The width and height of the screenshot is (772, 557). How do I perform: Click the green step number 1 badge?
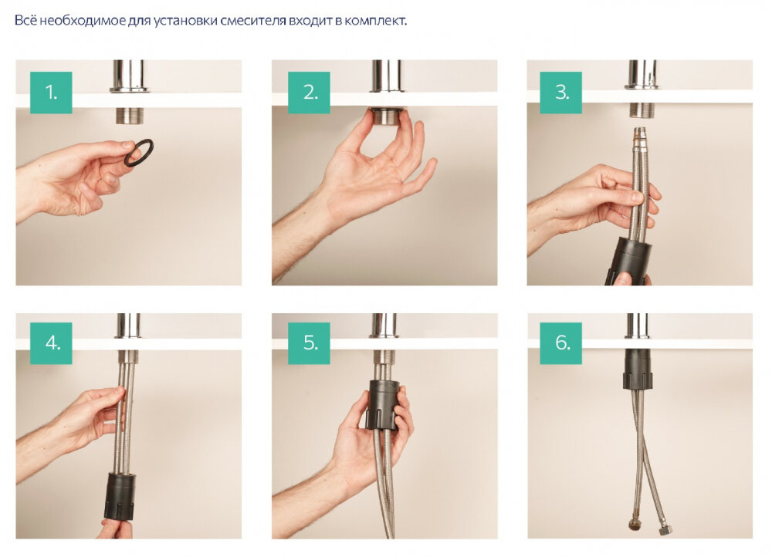point(51,93)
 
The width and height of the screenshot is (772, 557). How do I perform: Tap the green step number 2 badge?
point(309,93)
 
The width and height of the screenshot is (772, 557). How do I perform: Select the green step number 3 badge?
point(560,93)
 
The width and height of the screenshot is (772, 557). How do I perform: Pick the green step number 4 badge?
point(51,343)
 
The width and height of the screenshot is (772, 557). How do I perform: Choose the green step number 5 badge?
point(309,343)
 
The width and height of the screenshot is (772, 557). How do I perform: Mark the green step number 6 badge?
point(560,343)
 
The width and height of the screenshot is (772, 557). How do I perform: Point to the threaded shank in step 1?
point(130,116)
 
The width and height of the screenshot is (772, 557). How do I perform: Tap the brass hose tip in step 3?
point(639,133)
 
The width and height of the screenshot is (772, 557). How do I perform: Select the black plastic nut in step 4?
point(120,497)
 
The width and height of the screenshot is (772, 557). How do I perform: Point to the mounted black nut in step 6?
point(638,369)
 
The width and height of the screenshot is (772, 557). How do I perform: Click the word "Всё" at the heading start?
point(25,21)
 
